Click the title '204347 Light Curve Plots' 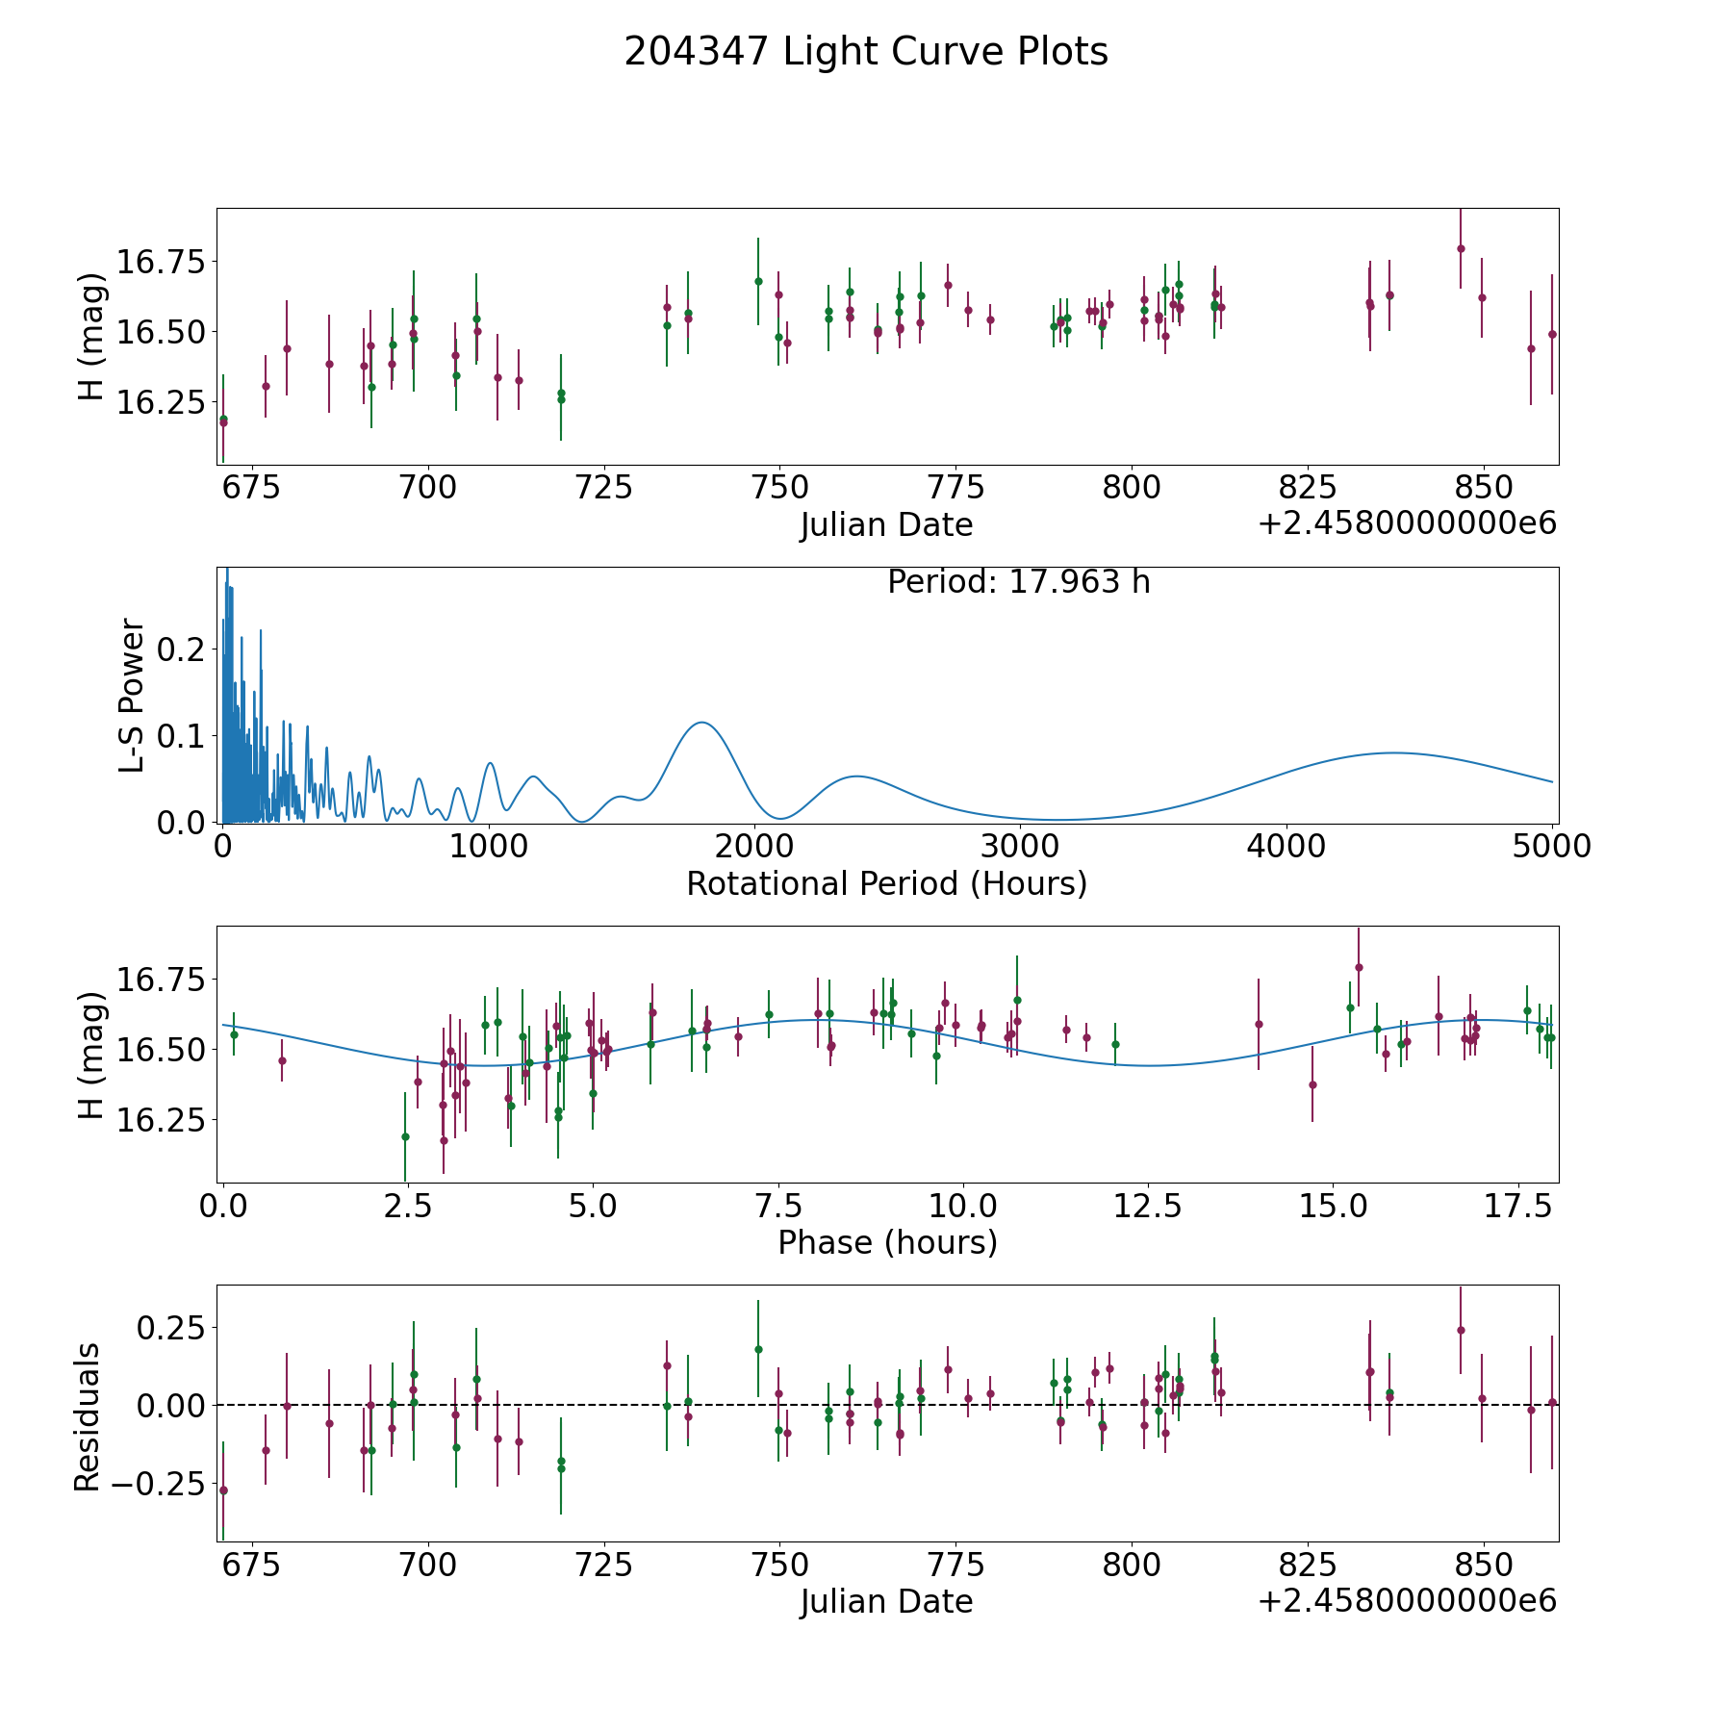866,52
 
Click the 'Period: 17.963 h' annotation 1019,582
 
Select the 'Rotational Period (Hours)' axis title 887,883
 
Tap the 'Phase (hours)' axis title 887,1242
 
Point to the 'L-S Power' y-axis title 133,695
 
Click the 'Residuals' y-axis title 88,1416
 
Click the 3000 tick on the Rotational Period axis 1020,846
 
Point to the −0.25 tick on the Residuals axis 154,1484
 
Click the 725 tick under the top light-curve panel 603,488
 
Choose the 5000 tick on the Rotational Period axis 1552,846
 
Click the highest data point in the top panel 1461,248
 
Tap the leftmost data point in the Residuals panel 223,1490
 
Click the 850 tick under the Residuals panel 1482,1566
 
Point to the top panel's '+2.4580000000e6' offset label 1407,523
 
